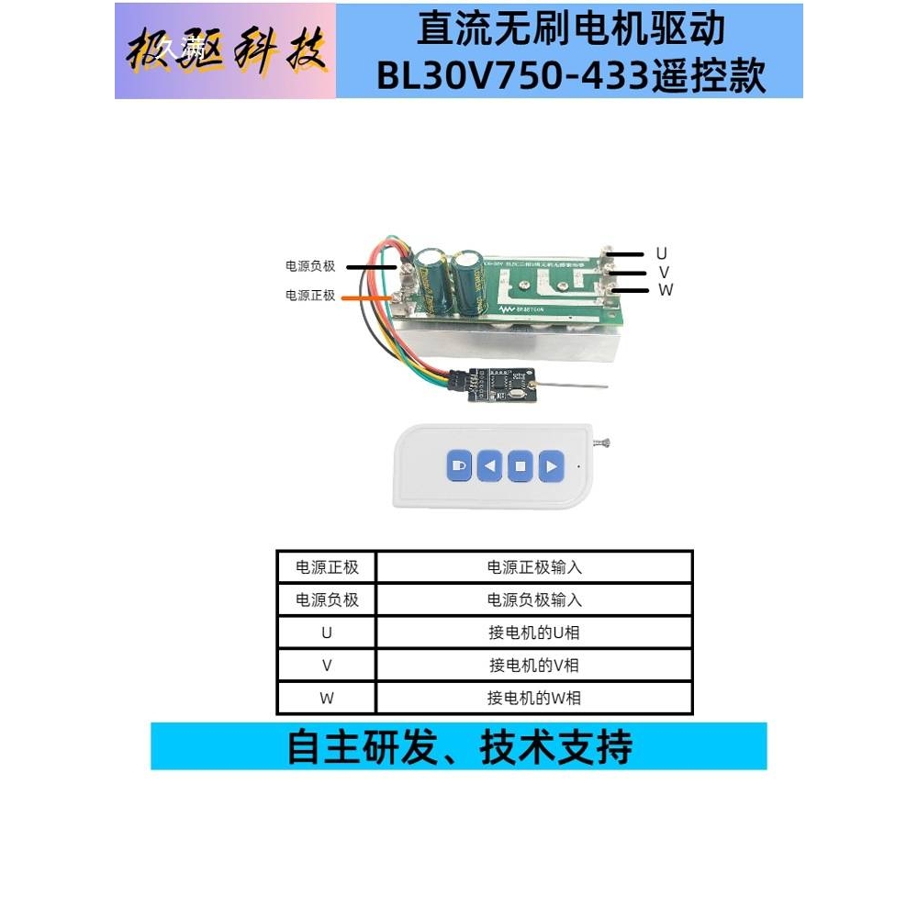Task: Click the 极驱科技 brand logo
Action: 226,50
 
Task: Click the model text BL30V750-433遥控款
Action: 570,77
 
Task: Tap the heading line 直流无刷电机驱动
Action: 570,29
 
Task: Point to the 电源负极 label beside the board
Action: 310,266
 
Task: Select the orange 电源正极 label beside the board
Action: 310,297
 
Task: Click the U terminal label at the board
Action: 661,252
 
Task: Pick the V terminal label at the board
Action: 663,272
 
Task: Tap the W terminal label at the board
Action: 666,290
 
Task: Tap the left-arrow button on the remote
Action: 490,466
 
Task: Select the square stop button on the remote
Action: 521,466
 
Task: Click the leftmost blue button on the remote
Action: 460,466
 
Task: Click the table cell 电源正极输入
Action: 534,567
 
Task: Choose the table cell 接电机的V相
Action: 534,665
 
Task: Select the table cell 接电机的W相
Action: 534,698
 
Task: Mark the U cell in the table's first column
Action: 327,633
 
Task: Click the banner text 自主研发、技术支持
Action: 459,746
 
